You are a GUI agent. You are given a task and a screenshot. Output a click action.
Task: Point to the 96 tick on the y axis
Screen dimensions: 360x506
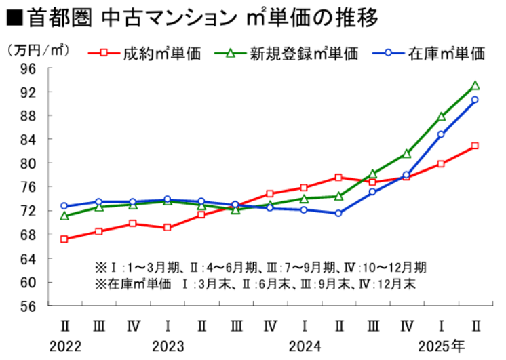click(28, 68)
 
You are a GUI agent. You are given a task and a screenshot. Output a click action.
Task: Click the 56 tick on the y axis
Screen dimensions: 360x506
click(28, 306)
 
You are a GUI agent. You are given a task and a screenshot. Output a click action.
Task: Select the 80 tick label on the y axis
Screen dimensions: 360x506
click(28, 163)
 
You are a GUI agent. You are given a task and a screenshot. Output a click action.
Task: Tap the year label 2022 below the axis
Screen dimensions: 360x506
click(65, 346)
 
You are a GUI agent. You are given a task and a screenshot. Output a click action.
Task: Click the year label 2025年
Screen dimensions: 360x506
click(441, 346)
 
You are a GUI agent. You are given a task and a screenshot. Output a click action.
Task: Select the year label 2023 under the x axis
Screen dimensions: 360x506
click(168, 346)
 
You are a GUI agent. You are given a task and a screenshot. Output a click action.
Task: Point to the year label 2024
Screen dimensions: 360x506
click(305, 346)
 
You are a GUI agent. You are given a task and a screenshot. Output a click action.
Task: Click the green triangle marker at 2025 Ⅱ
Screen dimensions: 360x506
click(475, 86)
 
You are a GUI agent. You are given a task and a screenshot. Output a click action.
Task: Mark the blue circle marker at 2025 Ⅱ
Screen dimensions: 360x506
click(475, 100)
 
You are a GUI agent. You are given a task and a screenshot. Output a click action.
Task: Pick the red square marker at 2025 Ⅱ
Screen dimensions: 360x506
click(475, 146)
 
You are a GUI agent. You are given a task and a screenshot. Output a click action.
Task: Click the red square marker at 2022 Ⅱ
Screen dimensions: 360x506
click(64, 239)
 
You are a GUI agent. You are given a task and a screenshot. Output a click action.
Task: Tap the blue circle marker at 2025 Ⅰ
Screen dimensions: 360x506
click(441, 134)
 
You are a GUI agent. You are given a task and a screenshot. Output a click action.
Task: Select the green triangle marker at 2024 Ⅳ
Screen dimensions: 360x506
click(406, 154)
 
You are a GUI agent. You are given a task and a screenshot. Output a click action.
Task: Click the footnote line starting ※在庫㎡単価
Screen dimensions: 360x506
click(255, 283)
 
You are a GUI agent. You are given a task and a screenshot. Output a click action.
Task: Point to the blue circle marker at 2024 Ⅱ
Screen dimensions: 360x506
click(338, 214)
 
